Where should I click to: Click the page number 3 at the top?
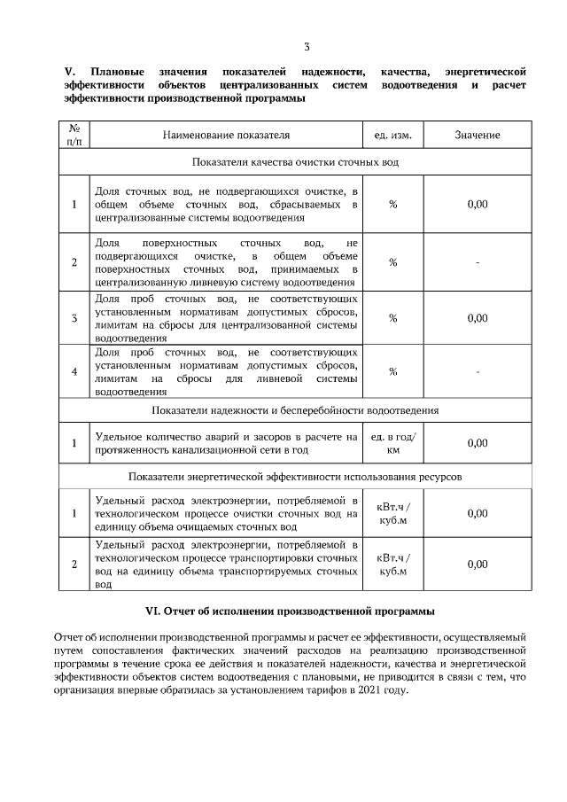coord(307,47)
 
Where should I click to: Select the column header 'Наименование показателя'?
coord(226,135)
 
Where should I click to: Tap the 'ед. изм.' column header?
coord(392,135)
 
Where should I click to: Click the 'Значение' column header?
coord(478,135)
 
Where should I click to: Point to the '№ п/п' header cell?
coord(74,135)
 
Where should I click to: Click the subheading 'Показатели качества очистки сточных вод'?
coord(295,163)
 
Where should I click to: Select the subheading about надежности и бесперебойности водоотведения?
coord(295,410)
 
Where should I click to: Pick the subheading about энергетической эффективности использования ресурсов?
coord(295,476)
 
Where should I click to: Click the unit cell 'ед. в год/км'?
coord(392,443)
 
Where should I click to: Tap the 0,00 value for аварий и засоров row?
coord(478,443)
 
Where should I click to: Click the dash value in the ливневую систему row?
coord(478,261)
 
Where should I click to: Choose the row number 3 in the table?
coord(74,317)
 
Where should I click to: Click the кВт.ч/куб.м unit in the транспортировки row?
coord(392,564)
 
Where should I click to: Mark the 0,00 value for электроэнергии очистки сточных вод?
coord(478,513)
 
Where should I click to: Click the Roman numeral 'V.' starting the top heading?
coord(71,71)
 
